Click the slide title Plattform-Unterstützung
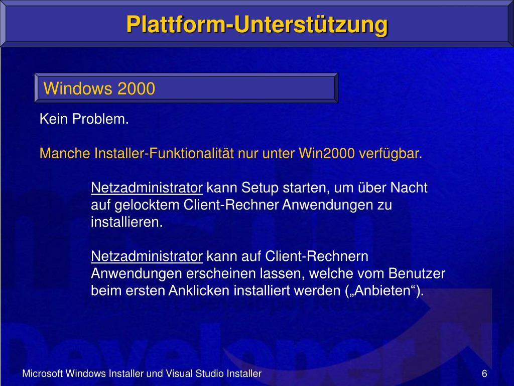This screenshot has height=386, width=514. click(x=256, y=24)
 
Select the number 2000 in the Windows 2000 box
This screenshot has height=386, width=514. click(x=136, y=89)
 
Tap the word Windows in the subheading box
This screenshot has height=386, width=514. click(x=78, y=89)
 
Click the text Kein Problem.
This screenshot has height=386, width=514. click(x=84, y=119)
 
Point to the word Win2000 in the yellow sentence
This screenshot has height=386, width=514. click(x=327, y=153)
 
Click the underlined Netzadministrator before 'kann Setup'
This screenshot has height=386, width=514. click(x=147, y=188)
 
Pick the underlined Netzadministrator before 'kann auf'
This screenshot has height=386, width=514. click(x=147, y=256)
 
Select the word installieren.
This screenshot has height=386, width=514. click(x=126, y=222)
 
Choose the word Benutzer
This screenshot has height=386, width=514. click(x=421, y=273)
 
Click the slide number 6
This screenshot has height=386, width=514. click(x=484, y=373)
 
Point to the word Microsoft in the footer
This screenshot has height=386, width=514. click(x=43, y=373)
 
